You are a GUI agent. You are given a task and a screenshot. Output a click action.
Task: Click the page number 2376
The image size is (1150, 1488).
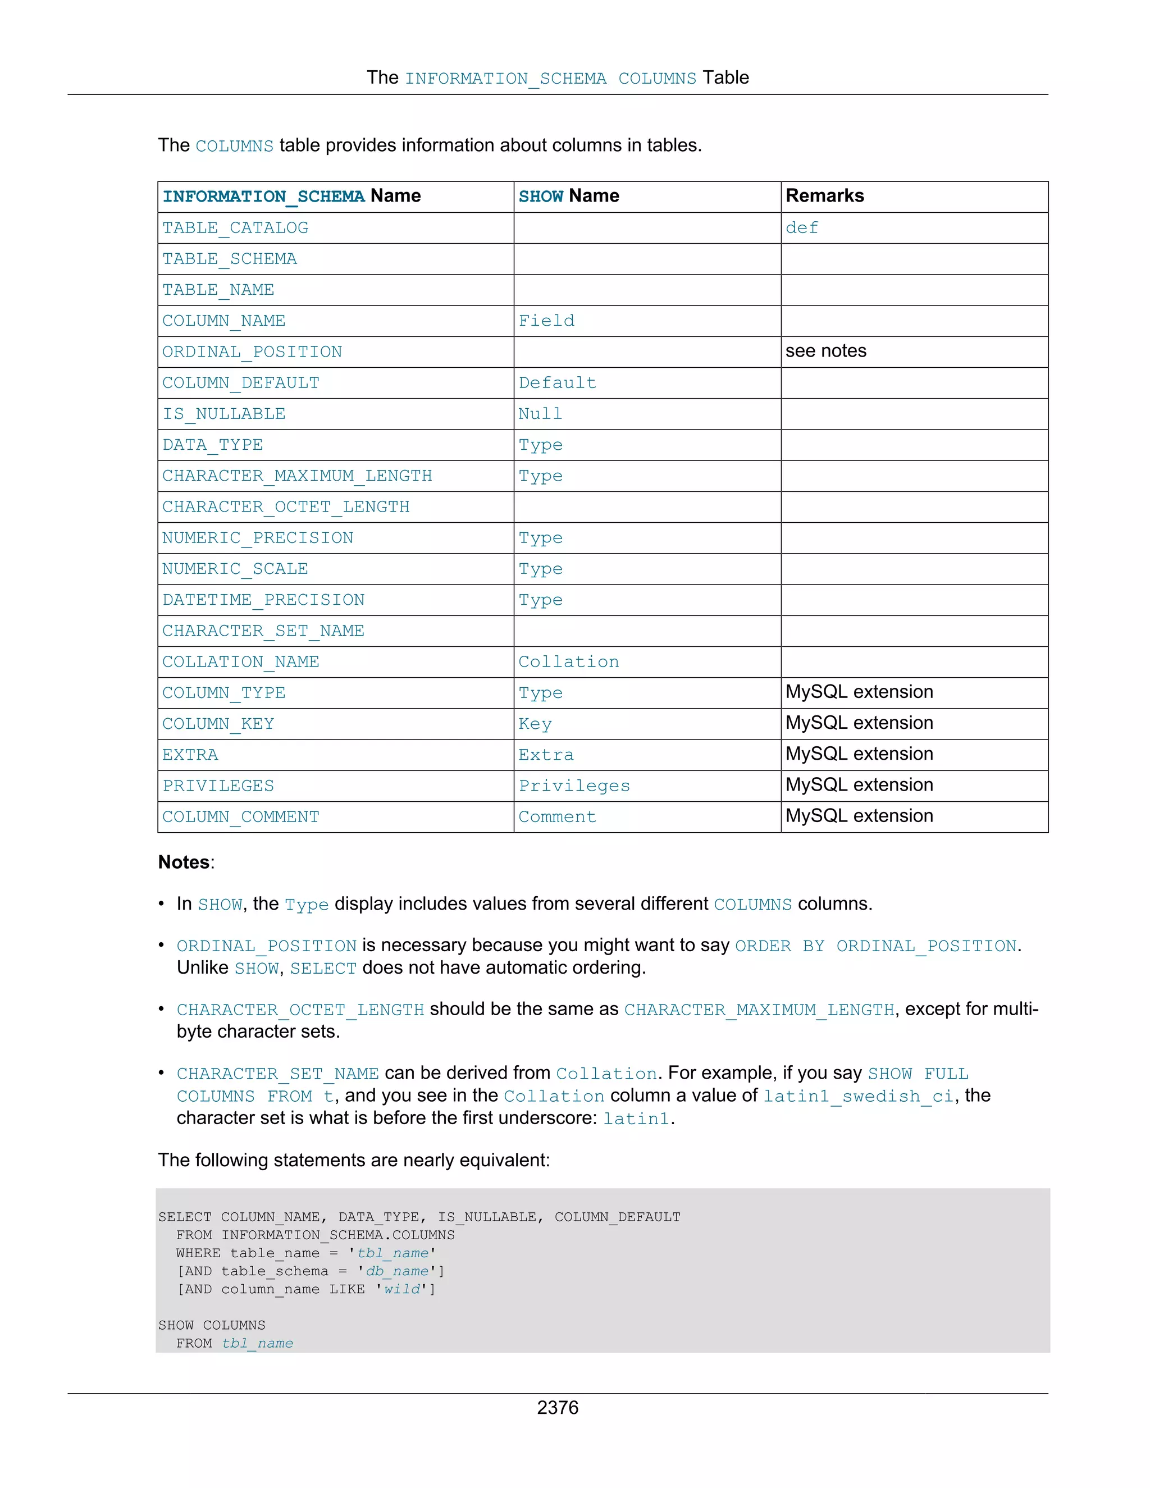557,1408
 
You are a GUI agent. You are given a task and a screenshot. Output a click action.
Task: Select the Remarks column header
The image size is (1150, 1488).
824,196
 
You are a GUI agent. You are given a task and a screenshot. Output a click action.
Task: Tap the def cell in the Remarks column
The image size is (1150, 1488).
802,228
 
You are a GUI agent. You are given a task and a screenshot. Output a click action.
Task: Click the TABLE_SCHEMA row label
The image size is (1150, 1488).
230,259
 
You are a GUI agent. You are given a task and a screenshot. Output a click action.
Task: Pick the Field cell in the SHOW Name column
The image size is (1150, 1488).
546,321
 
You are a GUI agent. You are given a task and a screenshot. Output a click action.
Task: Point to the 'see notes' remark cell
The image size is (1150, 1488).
825,352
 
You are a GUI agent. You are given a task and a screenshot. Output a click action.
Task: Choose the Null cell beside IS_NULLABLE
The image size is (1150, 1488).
540,414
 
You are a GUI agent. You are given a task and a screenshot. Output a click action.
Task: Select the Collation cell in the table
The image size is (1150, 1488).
569,662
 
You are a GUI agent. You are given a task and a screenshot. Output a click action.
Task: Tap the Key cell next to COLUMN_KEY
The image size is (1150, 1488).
535,724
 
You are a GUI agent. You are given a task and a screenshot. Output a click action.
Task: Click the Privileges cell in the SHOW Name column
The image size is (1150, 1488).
574,786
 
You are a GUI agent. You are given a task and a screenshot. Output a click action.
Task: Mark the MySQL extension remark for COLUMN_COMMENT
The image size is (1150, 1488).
859,816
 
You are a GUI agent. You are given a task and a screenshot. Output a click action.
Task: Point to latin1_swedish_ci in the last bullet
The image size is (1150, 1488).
858,1096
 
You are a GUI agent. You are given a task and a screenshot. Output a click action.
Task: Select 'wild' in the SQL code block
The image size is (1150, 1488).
402,1289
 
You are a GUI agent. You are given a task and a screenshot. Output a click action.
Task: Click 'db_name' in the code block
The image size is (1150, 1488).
397,1271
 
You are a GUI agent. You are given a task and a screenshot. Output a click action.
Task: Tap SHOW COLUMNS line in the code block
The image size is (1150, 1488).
212,1325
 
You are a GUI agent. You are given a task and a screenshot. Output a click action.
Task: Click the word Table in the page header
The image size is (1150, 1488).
725,77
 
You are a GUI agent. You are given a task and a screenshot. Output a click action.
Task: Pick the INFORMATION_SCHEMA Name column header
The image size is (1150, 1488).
291,196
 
